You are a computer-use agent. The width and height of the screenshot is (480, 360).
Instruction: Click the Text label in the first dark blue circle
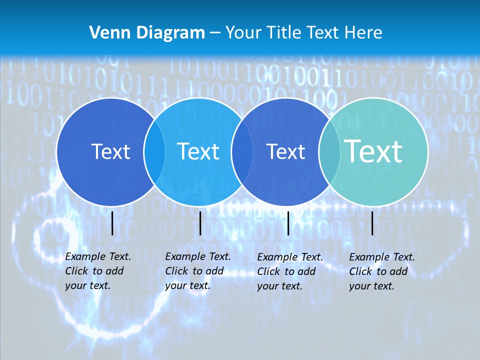coord(110,151)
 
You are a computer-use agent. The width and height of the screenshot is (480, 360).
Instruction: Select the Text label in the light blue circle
coord(198,151)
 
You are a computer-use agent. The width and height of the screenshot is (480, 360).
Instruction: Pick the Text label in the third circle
coord(285,151)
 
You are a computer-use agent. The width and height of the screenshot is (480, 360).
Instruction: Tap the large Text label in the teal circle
coord(373,151)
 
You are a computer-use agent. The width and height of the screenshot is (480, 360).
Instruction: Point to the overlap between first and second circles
coord(154,152)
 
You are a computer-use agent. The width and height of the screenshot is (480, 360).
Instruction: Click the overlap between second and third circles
coord(242,152)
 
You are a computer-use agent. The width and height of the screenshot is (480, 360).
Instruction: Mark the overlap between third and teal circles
coord(329,152)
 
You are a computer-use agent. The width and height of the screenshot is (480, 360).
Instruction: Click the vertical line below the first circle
coord(112,223)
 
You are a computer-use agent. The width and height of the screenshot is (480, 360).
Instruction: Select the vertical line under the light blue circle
coord(200,223)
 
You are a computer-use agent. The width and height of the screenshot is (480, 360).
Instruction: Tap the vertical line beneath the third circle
coord(288,223)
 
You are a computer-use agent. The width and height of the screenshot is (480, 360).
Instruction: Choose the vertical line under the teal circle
coord(372,223)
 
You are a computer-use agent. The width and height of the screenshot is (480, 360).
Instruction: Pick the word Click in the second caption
coord(176,271)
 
